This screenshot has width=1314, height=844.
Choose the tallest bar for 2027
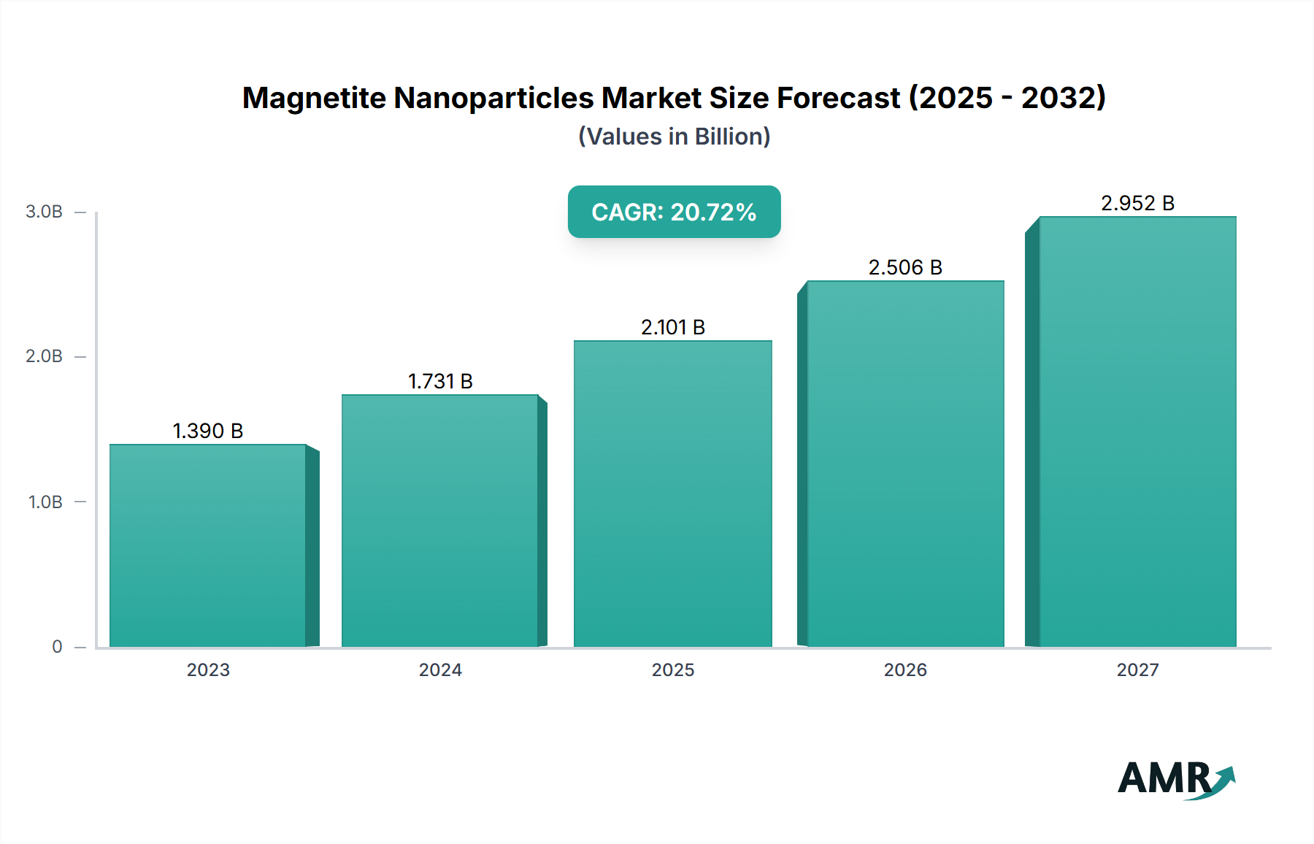coord(1137,431)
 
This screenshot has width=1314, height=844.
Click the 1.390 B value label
coord(208,431)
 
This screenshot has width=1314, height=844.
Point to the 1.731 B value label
coord(440,381)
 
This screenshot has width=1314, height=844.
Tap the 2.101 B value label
coord(673,327)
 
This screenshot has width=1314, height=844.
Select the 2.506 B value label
coord(905,267)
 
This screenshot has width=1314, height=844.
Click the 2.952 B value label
coord(1137,203)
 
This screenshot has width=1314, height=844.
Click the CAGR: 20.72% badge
coord(674,212)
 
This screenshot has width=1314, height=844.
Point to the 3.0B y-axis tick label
coord(44,212)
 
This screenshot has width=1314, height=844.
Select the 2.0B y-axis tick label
coord(44,356)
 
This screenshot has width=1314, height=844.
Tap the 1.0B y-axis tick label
coord(45,502)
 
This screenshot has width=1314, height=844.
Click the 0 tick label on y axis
coord(57,646)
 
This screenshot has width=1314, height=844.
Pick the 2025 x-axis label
coord(673,670)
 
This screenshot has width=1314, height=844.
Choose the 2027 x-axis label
coord(1137,670)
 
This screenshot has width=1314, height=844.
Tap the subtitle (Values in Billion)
coord(674,137)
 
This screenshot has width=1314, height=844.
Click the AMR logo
coord(1175,779)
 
